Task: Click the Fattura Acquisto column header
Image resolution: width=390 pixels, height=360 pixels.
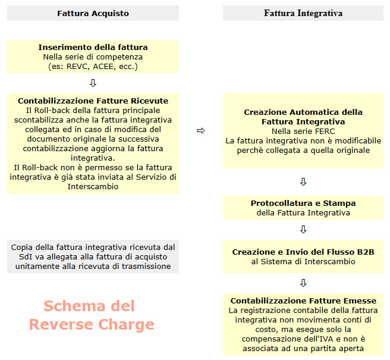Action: pyautogui.click(x=93, y=13)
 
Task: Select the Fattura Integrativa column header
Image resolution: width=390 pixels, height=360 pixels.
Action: pyautogui.click(x=303, y=13)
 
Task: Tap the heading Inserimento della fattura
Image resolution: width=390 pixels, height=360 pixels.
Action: pyautogui.click(x=93, y=47)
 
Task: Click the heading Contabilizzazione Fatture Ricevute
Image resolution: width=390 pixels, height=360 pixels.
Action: pyautogui.click(x=93, y=101)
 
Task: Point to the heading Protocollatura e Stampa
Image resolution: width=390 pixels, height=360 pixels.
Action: pyautogui.click(x=303, y=204)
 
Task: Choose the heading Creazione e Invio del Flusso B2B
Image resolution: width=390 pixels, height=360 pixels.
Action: pyautogui.click(x=303, y=252)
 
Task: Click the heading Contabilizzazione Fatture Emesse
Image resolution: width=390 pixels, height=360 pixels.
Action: pyautogui.click(x=303, y=301)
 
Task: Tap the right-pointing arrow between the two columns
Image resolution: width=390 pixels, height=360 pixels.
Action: pyautogui.click(x=200, y=131)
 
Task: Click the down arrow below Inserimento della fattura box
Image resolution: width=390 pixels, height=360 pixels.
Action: pyautogui.click(x=93, y=83)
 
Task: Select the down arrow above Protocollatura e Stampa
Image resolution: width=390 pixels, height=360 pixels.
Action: pyautogui.click(x=303, y=181)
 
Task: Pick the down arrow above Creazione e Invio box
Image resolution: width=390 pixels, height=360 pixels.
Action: pyautogui.click(x=303, y=229)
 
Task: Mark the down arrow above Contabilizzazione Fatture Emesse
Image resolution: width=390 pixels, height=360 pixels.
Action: pyautogui.click(x=303, y=283)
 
